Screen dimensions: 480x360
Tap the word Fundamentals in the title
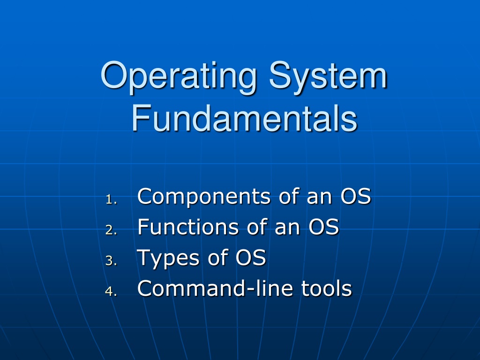(x=245, y=118)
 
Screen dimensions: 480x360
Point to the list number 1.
(x=111, y=200)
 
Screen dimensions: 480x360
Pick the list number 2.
(x=111, y=230)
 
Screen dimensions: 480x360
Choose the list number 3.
(x=111, y=261)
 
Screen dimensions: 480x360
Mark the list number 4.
(x=111, y=291)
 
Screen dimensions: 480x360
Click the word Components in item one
(x=204, y=197)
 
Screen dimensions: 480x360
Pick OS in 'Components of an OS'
(x=356, y=196)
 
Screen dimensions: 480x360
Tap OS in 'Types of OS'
(x=251, y=257)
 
